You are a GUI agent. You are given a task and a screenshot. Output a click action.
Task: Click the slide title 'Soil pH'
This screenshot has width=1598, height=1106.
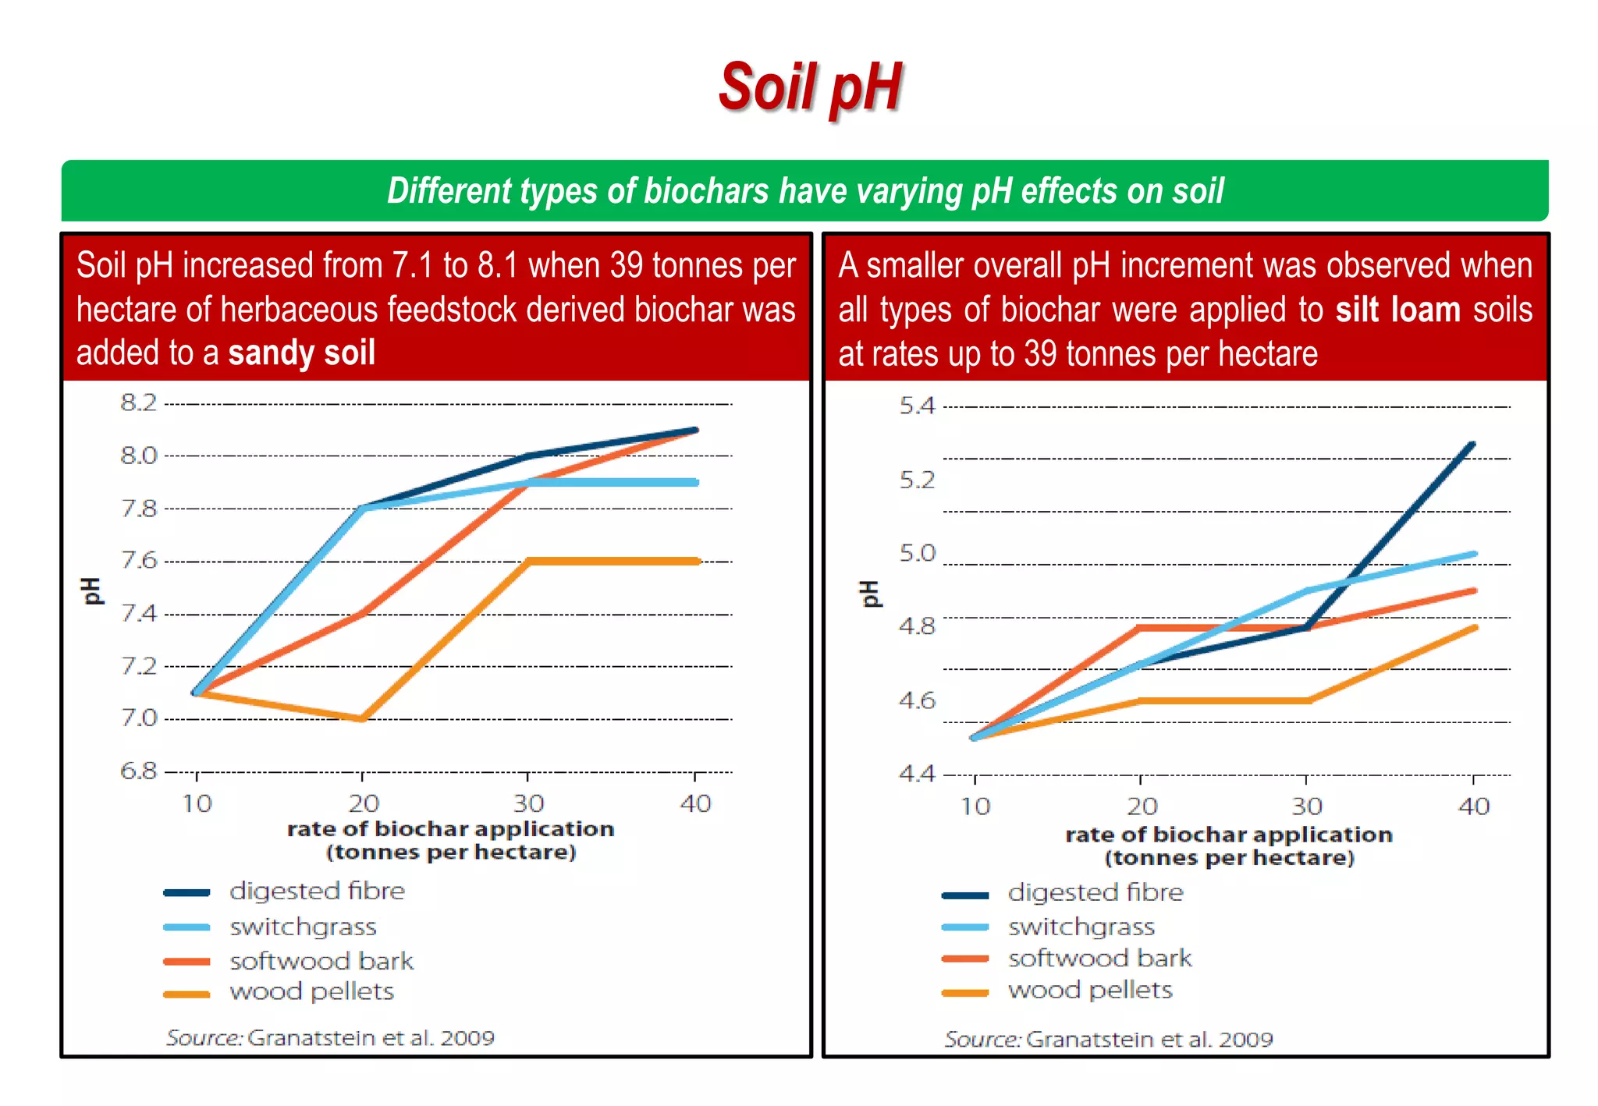coord(810,87)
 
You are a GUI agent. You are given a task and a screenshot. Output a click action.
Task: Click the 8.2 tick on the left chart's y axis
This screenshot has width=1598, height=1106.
coord(138,402)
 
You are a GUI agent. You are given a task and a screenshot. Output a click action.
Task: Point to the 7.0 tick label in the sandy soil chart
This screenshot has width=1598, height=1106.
coord(138,718)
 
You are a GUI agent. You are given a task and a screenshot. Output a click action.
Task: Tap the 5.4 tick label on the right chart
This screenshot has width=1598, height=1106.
coord(917,406)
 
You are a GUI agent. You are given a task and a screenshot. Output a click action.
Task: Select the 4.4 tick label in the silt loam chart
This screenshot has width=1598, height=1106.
coord(917,774)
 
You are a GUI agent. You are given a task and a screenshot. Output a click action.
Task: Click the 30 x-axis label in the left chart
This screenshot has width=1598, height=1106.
coord(528,803)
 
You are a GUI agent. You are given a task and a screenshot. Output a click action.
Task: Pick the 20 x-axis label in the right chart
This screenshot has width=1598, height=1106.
coord(1142,806)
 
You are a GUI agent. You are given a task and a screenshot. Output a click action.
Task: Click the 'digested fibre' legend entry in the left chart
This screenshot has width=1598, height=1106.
coord(317,891)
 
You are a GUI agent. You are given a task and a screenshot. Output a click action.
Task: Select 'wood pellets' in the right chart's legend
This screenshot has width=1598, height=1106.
coord(1090,991)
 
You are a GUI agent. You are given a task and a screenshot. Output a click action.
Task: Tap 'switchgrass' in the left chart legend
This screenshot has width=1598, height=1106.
coord(303,927)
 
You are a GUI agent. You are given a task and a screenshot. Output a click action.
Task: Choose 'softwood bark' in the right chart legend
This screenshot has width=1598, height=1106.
coord(1099,958)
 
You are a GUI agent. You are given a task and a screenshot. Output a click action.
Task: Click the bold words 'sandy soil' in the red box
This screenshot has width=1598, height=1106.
coord(301,353)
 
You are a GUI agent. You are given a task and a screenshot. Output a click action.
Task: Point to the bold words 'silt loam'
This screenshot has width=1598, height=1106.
coord(1397,310)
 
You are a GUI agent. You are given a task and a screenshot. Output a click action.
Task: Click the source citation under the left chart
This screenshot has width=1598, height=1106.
coord(330,1038)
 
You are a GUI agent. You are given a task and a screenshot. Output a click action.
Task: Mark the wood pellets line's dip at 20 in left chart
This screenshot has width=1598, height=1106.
coord(363,718)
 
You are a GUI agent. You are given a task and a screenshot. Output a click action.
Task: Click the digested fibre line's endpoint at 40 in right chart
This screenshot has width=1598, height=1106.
coord(1472,444)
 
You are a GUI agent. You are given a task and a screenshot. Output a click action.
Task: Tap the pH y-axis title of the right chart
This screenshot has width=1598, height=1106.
coord(869,594)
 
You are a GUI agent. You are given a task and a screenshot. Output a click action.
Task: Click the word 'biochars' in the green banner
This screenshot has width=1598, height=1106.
coord(705,191)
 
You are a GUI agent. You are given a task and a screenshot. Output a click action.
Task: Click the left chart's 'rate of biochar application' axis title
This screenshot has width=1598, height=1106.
coord(450,829)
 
